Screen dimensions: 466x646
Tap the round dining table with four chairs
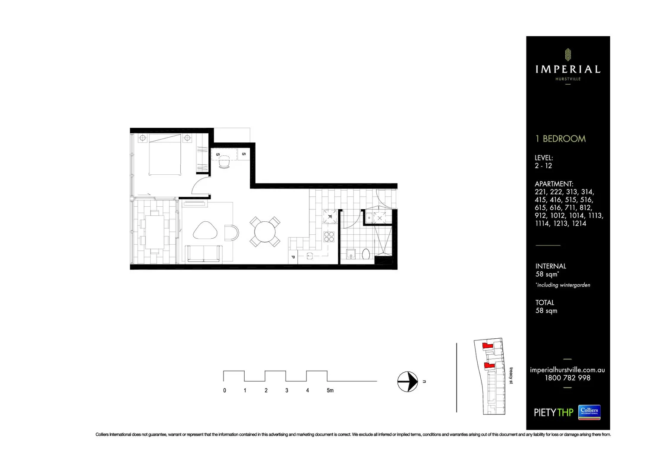click(x=265, y=232)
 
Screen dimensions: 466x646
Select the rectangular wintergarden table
click(x=154, y=232)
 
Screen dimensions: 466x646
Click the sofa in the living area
click(x=204, y=254)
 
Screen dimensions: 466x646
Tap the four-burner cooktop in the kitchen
click(x=329, y=236)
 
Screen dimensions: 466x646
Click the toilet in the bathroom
click(x=366, y=254)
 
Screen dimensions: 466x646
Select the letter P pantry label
click(x=293, y=257)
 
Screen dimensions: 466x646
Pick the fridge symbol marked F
click(x=330, y=216)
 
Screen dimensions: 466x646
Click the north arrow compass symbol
click(x=407, y=381)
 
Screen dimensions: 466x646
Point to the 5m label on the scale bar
click(x=330, y=390)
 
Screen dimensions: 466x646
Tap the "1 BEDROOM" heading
click(x=560, y=139)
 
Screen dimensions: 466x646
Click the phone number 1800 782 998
click(x=567, y=378)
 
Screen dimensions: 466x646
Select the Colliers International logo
click(x=589, y=412)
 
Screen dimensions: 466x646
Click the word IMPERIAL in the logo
click(x=567, y=69)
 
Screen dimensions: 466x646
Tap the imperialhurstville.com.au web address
click(x=567, y=370)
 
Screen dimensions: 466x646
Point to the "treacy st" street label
click(x=511, y=376)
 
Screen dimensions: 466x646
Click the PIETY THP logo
click(x=553, y=412)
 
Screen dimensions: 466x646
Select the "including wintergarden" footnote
click(x=563, y=285)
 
